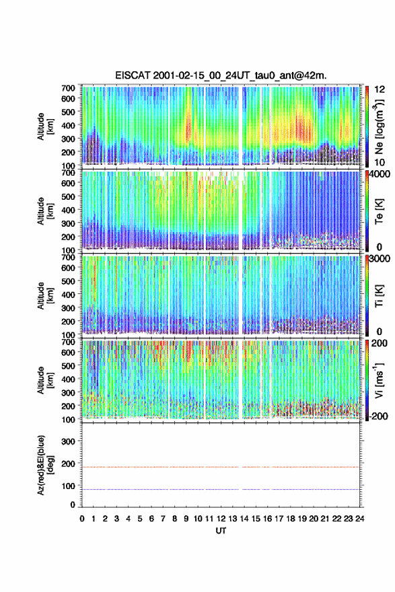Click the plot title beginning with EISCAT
tap(221, 75)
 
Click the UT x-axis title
tap(221, 531)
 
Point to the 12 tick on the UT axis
tap(221, 519)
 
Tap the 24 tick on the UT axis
tap(359, 519)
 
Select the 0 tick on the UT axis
tap(82, 519)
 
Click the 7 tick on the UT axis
tap(163, 519)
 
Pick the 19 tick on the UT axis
tap(301, 519)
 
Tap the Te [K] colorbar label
tap(379, 211)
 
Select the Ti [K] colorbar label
tap(379, 296)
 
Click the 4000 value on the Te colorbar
tap(380, 174)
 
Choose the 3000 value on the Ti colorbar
tap(380, 258)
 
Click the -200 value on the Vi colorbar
tap(379, 416)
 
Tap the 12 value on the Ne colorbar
tap(380, 89)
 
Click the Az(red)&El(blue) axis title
tap(44, 465)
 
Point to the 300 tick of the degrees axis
tap(68, 441)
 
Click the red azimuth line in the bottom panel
tap(221, 467)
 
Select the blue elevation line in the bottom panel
tap(221, 489)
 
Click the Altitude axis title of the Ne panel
tap(44, 126)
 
